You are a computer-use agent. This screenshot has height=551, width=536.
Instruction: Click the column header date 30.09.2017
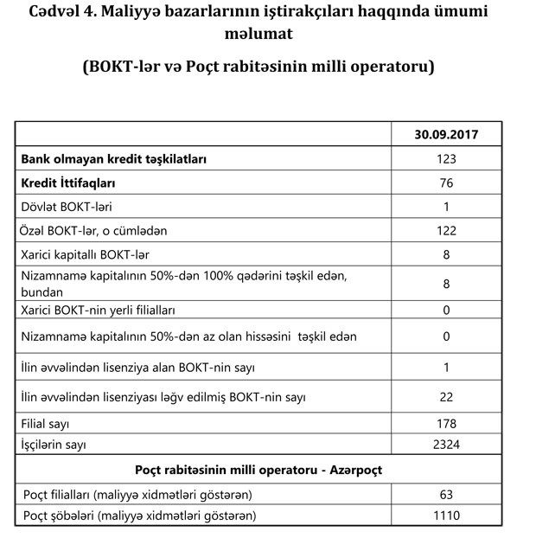446,135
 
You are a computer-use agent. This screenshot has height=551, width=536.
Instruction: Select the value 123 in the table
446,159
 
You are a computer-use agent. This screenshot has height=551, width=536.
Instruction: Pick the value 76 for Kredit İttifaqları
446,183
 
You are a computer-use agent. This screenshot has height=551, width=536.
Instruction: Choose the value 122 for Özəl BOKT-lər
446,231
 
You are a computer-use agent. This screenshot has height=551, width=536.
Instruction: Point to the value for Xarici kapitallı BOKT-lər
446,255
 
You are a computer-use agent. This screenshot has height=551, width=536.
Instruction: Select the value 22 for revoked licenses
446,397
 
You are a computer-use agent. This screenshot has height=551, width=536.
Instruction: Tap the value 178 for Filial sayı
446,425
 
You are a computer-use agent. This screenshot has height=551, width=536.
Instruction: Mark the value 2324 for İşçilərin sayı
446,445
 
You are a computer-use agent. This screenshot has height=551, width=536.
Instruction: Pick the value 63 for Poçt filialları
446,494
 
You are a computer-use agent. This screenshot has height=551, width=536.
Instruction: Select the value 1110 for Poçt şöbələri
446,516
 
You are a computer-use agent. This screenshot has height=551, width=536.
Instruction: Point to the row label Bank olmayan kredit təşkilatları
113,159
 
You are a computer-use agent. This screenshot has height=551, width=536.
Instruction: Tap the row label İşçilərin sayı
57,445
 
